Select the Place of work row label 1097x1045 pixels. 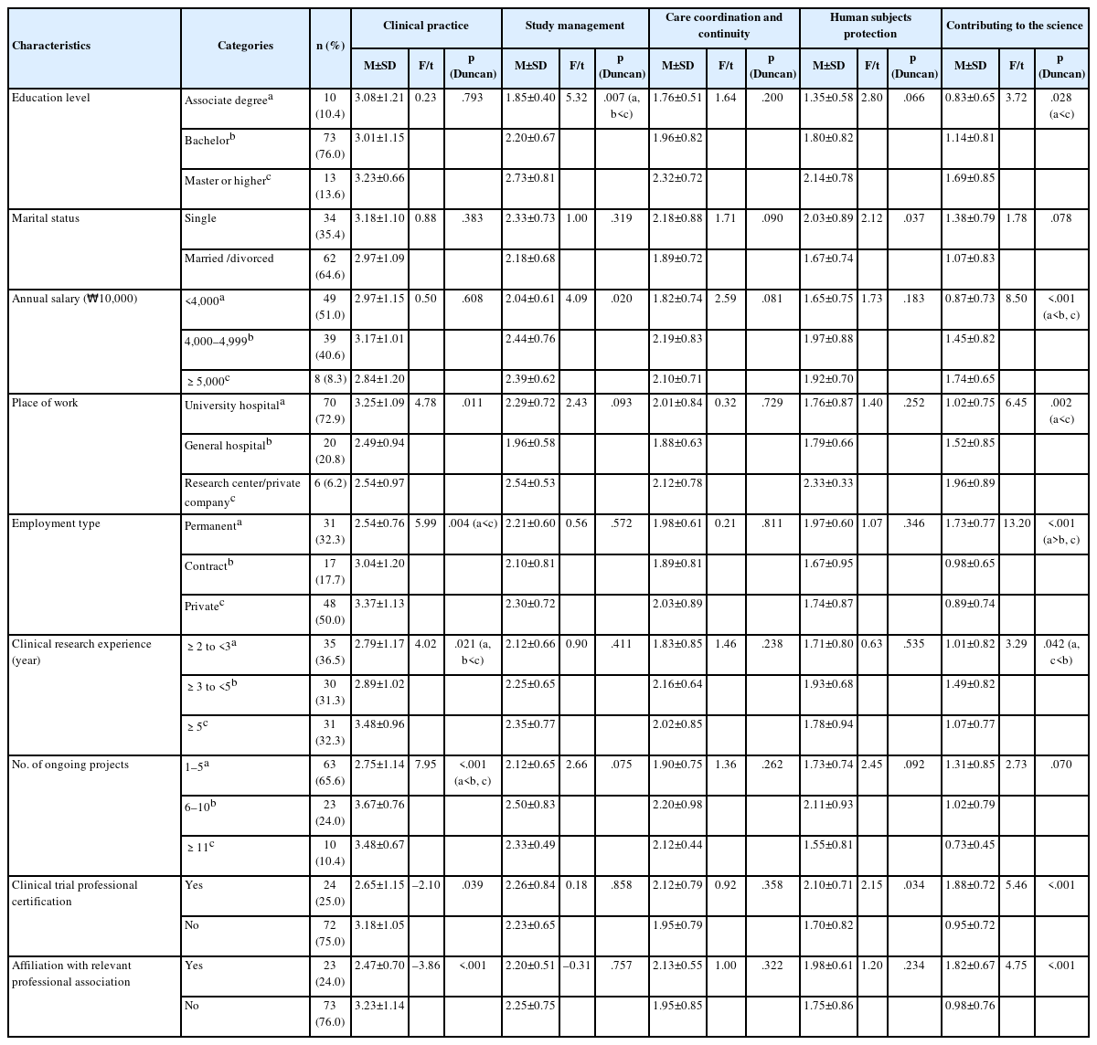[45, 403]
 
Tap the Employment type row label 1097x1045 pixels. [56, 523]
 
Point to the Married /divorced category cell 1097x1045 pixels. [229, 259]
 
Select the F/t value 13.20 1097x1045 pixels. [1017, 523]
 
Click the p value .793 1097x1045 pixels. [471, 98]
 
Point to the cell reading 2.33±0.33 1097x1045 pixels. [827, 483]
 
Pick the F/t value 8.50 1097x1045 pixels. [1017, 299]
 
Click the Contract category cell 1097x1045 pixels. [207, 565]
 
